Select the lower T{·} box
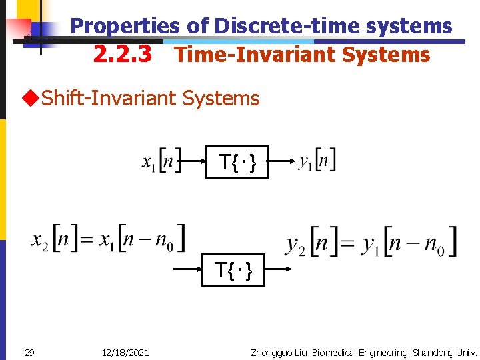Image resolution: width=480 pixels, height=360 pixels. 233,270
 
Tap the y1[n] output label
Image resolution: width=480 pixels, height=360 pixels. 317,161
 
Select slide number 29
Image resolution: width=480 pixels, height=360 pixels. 29,352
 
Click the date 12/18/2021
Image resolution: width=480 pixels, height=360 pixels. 126,352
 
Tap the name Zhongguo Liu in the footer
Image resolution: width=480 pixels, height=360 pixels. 273,352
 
